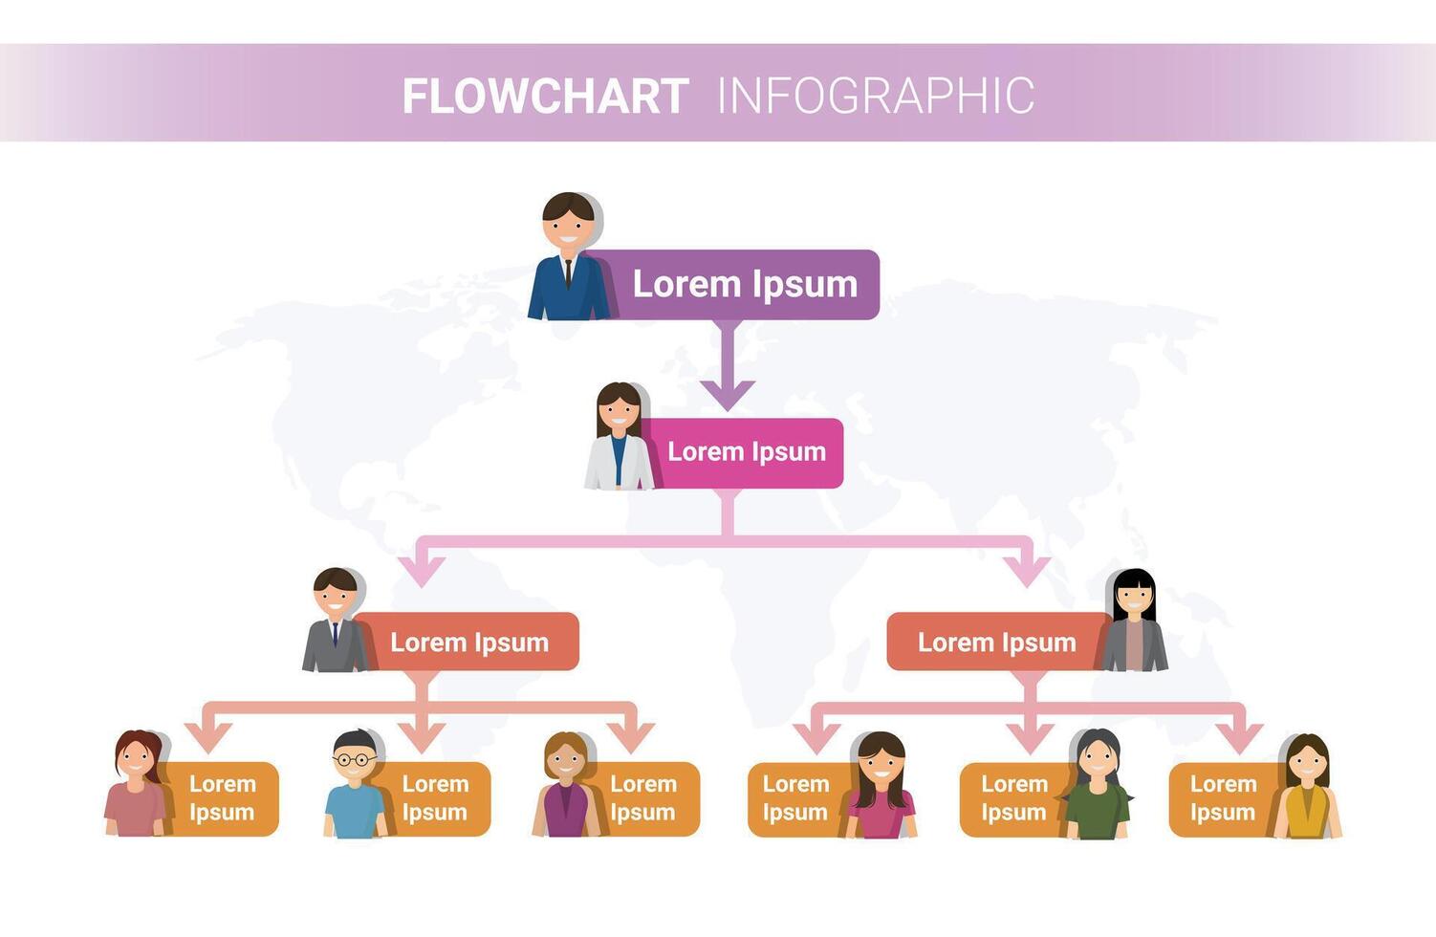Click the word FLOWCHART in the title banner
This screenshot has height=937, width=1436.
[545, 96]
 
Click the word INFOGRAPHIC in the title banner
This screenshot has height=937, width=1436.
[875, 96]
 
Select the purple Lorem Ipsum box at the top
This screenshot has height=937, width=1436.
[744, 284]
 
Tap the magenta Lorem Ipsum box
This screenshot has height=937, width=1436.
[746, 452]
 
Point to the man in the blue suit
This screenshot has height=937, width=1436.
[568, 258]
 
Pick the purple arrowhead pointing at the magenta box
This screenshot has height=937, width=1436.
[728, 393]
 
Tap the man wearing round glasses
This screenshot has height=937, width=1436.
[355, 786]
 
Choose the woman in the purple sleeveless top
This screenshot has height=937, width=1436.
[566, 786]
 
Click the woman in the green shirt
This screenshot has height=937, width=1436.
[1098, 786]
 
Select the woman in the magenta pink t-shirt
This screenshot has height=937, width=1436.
[881, 786]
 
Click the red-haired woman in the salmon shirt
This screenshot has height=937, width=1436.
[136, 786]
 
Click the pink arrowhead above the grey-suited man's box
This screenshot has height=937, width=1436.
[422, 570]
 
